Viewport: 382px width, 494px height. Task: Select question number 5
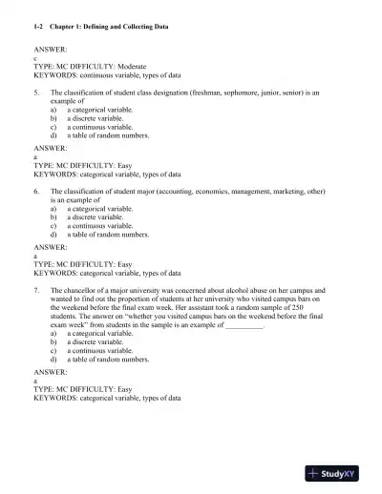[x=36, y=93]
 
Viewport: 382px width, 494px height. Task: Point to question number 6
[x=36, y=191]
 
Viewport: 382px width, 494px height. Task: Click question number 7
[x=36, y=288]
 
